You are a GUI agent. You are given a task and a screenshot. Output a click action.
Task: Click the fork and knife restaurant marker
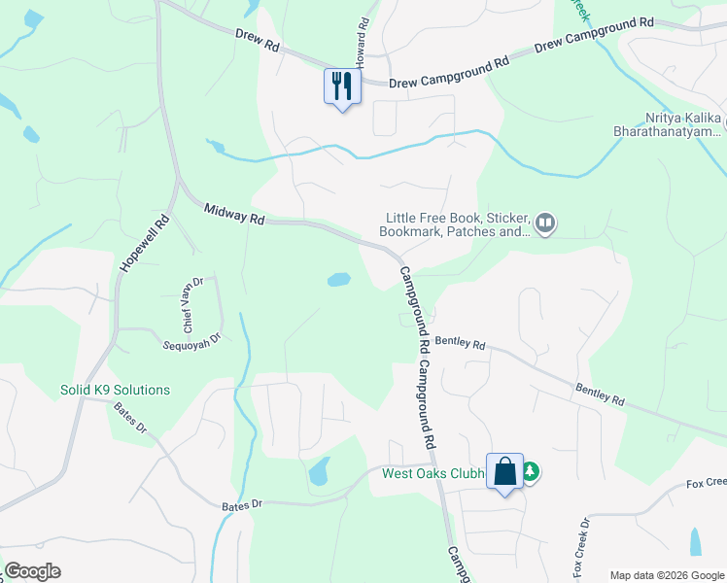tap(341, 86)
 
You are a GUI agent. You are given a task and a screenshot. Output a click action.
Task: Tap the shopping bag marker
tap(504, 472)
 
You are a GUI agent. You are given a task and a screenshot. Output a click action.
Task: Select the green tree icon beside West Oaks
tap(531, 473)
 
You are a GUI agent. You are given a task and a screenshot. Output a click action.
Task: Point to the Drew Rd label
tap(257, 40)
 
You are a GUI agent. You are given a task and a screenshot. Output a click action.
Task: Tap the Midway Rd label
tap(233, 214)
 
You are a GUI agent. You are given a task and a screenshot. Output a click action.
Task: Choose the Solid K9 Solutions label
tap(115, 391)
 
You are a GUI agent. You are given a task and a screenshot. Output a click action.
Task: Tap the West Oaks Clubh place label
tap(433, 474)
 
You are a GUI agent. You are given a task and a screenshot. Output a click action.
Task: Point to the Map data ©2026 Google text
tap(667, 574)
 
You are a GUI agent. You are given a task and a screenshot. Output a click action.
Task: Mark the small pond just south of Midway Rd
tap(338, 280)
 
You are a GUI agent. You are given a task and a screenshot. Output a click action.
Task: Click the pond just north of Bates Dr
tap(318, 473)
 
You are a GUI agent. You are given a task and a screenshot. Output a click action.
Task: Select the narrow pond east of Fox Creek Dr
tap(695, 541)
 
